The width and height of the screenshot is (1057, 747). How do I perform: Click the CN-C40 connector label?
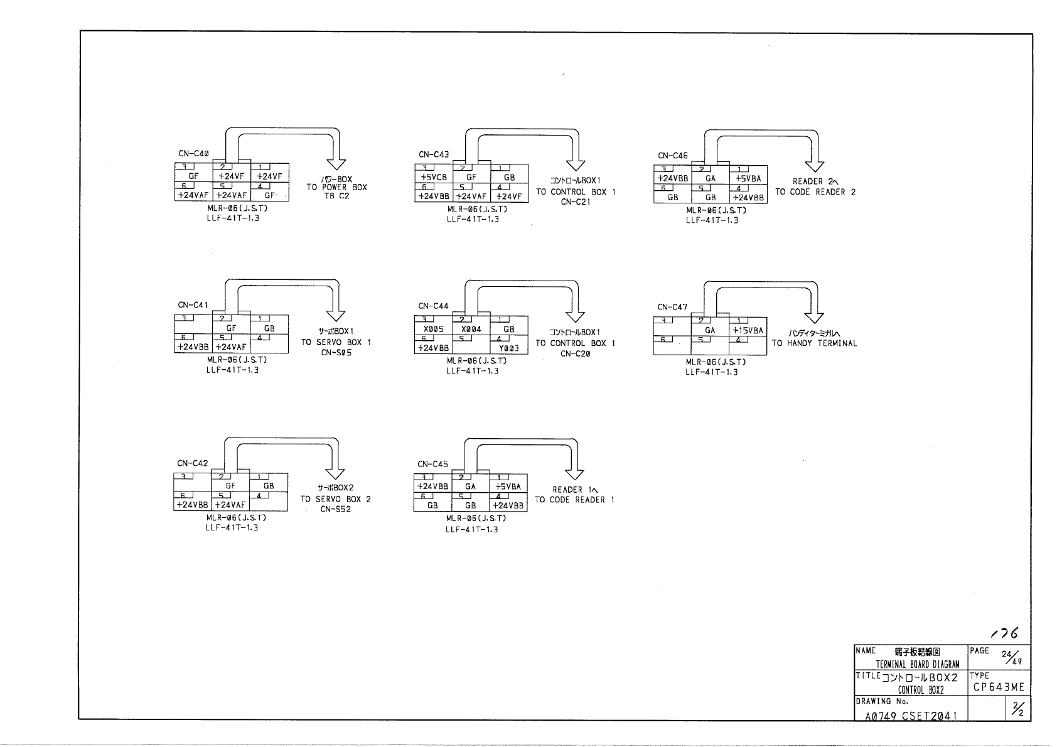(x=193, y=154)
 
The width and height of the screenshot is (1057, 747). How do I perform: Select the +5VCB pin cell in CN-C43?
(x=434, y=178)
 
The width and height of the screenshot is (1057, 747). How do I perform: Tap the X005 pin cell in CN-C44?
(x=433, y=330)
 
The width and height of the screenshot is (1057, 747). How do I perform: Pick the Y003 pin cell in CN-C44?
(x=508, y=348)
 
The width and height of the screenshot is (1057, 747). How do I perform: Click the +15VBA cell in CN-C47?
(x=748, y=331)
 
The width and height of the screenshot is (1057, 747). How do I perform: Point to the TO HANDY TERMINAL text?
(x=814, y=343)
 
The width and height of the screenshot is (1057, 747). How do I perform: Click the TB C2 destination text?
(x=336, y=196)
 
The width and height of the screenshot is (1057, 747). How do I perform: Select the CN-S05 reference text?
(x=336, y=353)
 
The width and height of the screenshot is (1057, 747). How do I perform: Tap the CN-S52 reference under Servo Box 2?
(x=335, y=509)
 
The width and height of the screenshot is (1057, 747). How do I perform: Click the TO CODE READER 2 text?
(x=815, y=192)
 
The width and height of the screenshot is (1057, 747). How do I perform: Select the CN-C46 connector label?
(x=673, y=155)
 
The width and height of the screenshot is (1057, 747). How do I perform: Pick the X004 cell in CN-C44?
(x=471, y=330)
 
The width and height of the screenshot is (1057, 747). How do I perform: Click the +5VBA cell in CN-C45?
(x=508, y=486)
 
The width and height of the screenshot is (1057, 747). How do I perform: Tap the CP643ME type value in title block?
(x=999, y=687)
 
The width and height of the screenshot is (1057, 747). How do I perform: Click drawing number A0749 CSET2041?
(x=911, y=715)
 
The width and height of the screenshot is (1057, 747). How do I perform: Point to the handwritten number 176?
(x=1004, y=633)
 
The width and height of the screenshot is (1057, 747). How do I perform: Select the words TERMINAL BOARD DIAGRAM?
(x=918, y=665)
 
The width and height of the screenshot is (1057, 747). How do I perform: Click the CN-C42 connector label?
(x=192, y=463)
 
